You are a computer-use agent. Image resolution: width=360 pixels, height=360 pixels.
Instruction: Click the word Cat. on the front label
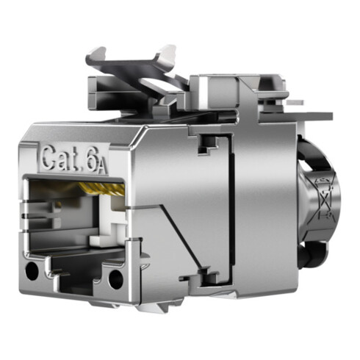62,157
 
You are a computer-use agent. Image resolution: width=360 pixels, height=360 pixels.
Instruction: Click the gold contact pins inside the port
103,189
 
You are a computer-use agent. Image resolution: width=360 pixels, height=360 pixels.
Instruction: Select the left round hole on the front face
32,271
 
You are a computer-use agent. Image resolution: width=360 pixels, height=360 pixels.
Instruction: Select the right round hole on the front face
115,279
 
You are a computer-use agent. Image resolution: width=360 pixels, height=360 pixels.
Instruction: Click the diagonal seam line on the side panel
181,237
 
